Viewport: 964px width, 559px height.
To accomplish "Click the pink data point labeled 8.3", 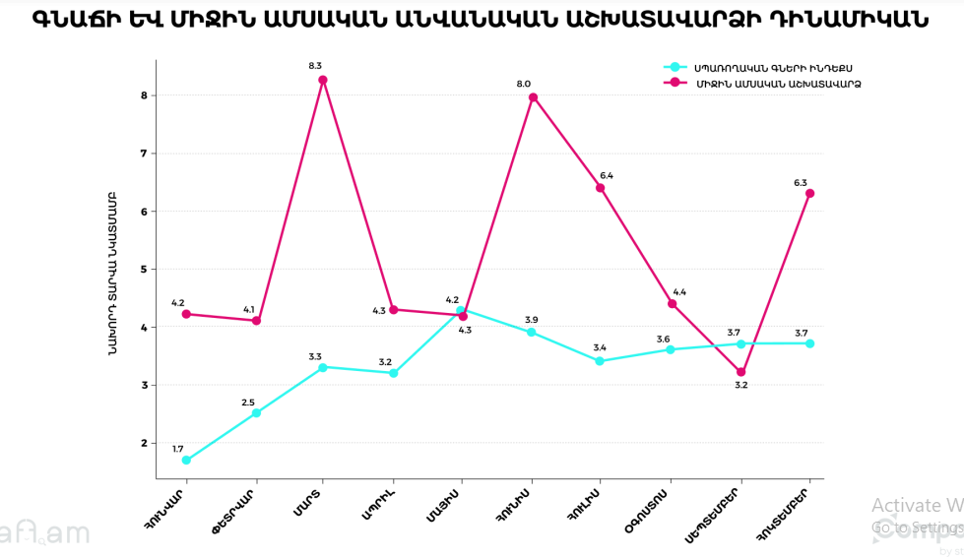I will pos(323,80).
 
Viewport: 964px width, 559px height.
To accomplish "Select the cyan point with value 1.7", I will pos(186,460).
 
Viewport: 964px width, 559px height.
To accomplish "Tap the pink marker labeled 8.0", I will pos(533,97).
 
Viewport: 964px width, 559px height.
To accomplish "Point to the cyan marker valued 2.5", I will pos(256,413).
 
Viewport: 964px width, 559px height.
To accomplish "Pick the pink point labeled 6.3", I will pos(809,193).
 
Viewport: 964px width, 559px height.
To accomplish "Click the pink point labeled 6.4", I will pos(600,187).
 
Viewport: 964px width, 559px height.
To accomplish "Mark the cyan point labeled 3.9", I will pos(532,333).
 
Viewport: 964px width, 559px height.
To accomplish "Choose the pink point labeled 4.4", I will pos(673,303).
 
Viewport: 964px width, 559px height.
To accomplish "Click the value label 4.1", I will pos(251,309).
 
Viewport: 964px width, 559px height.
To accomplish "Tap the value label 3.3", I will pos(315,356).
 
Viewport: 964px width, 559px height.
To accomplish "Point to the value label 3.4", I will pos(599,347).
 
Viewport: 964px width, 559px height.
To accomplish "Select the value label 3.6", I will pos(663,339).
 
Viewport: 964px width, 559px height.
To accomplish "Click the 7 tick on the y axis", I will pos(144,154).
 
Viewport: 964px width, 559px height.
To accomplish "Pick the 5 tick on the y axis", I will pos(144,269).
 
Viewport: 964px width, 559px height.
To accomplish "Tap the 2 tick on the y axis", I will pos(144,443).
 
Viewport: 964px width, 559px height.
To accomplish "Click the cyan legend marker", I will pos(675,67).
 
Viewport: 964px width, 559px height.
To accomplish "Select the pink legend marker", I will pos(675,82).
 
